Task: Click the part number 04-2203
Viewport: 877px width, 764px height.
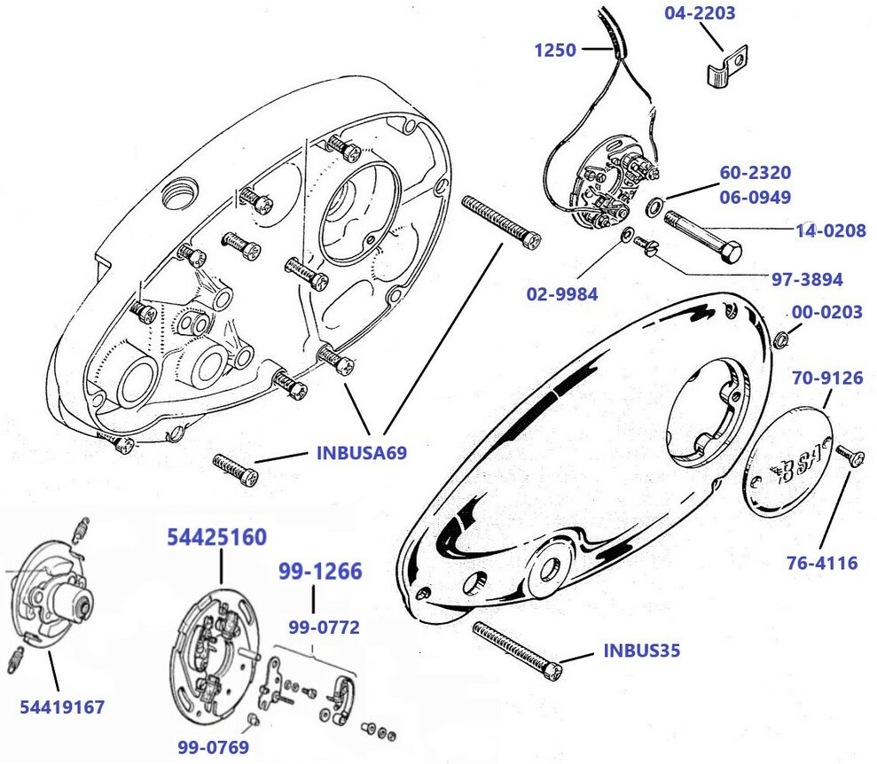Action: point(700,14)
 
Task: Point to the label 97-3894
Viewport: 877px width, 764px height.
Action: point(806,279)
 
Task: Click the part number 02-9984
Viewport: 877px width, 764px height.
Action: point(562,293)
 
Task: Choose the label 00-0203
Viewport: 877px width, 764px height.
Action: point(826,313)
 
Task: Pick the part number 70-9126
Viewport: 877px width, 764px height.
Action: point(826,378)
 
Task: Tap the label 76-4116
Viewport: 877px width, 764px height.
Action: point(821,562)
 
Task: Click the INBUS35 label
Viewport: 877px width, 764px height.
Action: point(641,651)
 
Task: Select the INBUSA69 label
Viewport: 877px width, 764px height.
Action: point(361,454)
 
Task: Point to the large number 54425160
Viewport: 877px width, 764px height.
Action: point(217,537)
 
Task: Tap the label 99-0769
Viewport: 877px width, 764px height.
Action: point(212,747)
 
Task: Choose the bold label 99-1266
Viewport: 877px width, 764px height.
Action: point(320,572)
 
